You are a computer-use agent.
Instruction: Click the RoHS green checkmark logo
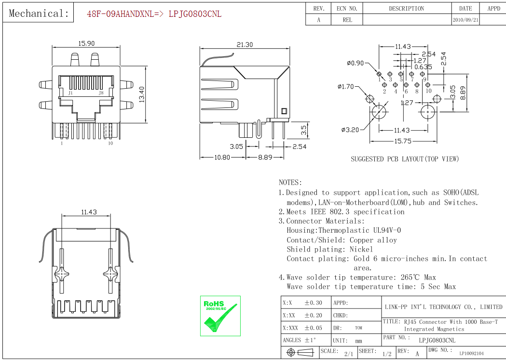point(220,316)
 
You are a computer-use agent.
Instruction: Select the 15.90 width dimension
point(86,43)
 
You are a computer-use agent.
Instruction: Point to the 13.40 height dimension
point(142,94)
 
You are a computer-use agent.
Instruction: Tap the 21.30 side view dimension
point(245,44)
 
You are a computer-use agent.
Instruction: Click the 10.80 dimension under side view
point(222,157)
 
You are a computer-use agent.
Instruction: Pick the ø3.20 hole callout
point(350,130)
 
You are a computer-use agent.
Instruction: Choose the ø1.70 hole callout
point(346,86)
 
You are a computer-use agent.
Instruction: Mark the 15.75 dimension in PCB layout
point(403,141)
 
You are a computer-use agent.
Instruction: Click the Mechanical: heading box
point(39,13)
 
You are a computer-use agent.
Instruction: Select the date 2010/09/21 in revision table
point(465,20)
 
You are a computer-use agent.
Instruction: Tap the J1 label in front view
point(70,93)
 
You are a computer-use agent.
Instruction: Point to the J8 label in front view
point(101,93)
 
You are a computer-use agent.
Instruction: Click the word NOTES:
point(290,183)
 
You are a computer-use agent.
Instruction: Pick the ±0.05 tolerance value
point(314,328)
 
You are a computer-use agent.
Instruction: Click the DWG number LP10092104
point(471,354)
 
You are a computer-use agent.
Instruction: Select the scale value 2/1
point(349,354)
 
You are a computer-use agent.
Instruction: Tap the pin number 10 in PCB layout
point(428,91)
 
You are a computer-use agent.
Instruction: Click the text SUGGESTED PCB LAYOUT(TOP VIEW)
point(405,159)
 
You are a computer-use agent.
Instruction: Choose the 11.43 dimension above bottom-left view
point(89,212)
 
